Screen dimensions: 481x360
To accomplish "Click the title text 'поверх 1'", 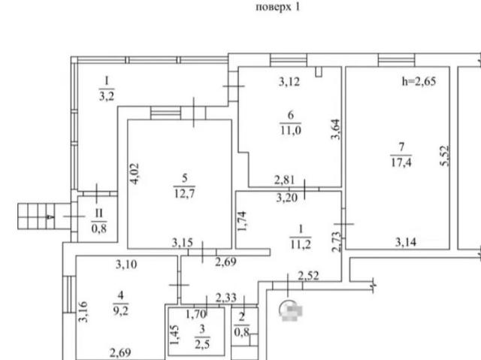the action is [277, 7].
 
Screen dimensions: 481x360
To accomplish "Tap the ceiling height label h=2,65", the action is [419, 81].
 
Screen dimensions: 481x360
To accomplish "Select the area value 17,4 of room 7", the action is [401, 162].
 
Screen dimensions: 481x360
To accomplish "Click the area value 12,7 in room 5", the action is [184, 193].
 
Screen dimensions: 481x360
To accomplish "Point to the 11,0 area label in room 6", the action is [291, 130].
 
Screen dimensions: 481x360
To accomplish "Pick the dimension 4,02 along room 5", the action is [135, 174].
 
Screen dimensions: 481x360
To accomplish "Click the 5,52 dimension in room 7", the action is [445, 156].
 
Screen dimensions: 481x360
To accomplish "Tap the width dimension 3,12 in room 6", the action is [289, 82].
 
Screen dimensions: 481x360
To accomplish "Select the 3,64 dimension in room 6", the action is [336, 129].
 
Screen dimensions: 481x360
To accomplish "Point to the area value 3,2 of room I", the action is [107, 96].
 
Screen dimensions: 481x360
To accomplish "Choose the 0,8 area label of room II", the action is [99, 228].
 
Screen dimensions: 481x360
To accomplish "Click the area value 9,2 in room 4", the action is [120, 311].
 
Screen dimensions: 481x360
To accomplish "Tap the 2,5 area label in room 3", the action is [202, 344].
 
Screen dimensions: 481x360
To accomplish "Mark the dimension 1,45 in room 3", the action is [174, 335].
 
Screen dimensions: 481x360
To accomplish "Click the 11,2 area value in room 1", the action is [301, 244].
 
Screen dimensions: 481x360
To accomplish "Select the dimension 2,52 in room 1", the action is [309, 276].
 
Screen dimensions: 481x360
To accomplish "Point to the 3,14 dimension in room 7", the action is [406, 242].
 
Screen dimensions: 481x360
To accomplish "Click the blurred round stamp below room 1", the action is [291, 310].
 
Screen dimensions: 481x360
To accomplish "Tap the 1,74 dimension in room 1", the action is [242, 222].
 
